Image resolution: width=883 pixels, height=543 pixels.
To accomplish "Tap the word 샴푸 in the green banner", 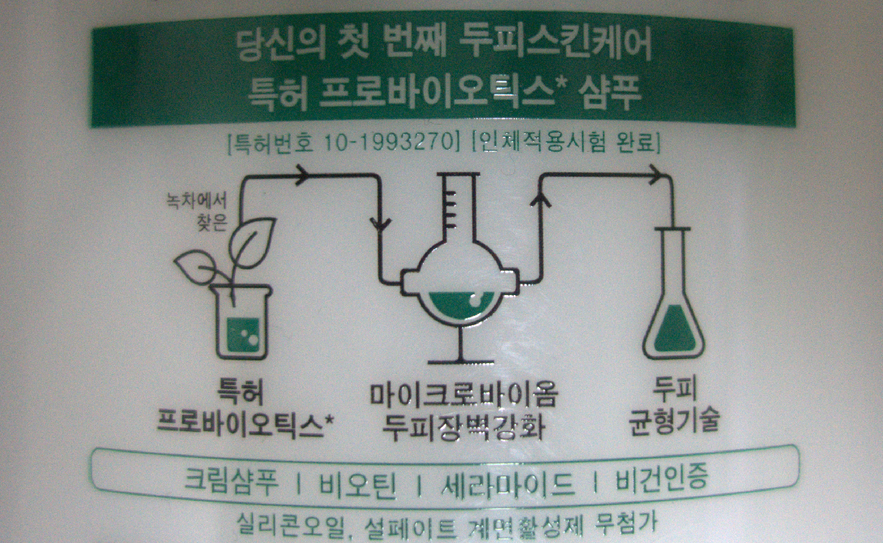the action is pyautogui.click(x=610, y=95).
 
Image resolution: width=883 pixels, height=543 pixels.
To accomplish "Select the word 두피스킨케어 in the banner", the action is pyautogui.click(x=555, y=44).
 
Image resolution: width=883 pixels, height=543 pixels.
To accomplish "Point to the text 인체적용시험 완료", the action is pyautogui.click(x=566, y=143).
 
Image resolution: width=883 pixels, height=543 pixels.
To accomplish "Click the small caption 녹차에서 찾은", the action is pyautogui.click(x=197, y=211).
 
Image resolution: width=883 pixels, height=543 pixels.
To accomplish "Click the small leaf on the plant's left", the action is pyautogui.click(x=196, y=266).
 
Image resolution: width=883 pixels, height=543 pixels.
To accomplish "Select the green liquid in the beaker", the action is pyautogui.click(x=243, y=335).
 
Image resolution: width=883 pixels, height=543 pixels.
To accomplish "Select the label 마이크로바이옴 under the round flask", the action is pyautogui.click(x=464, y=395).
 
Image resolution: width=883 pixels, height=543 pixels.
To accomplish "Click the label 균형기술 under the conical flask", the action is pyautogui.click(x=675, y=421).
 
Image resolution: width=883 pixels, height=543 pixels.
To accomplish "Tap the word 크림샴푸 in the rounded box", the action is pyautogui.click(x=232, y=482).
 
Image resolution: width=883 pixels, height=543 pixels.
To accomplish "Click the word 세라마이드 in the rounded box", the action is pyautogui.click(x=507, y=485).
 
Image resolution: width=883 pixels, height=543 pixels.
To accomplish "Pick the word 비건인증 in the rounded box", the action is pyautogui.click(x=662, y=479).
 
